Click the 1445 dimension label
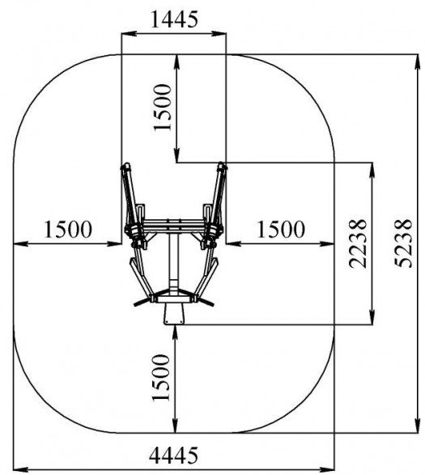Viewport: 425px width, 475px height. pyautogui.click(x=174, y=19)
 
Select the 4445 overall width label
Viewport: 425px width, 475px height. pyautogui.click(x=173, y=455)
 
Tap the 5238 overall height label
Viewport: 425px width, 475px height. pyautogui.click(x=405, y=244)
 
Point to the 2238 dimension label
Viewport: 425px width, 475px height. pyautogui.click(x=359, y=244)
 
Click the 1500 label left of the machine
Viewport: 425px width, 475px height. pyautogui.click(x=68, y=229)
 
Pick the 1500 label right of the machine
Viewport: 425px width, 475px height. pyautogui.click(x=281, y=229)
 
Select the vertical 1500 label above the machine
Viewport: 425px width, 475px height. pyautogui.click(x=163, y=108)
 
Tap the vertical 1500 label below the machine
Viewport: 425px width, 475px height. pyautogui.click(x=161, y=377)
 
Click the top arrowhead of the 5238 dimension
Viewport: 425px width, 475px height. pyautogui.click(x=418, y=61)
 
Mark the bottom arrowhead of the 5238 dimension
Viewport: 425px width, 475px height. pyautogui.click(x=418, y=426)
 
